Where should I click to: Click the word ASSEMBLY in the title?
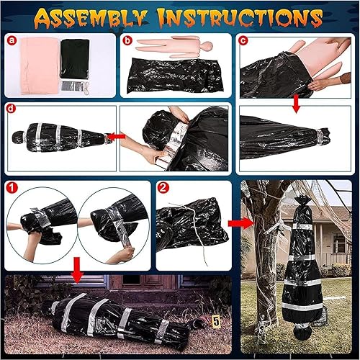tap(91, 19)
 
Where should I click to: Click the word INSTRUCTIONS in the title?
tap(240, 18)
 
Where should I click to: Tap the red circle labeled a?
tap(12, 40)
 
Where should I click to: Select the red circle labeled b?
tap(127, 40)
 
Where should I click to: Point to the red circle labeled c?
tap(243, 40)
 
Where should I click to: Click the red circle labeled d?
tap(11, 109)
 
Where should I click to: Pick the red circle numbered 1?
tap(12, 187)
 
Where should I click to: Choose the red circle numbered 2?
tap(163, 187)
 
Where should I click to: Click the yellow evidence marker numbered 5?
tap(216, 321)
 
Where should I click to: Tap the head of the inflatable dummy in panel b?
tap(207, 45)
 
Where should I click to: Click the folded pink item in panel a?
tap(40, 66)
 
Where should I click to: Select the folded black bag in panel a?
tap(75, 58)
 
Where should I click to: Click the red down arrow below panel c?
tap(297, 104)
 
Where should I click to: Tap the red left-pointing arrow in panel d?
tap(116, 136)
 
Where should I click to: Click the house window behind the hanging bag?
tap(339, 243)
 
